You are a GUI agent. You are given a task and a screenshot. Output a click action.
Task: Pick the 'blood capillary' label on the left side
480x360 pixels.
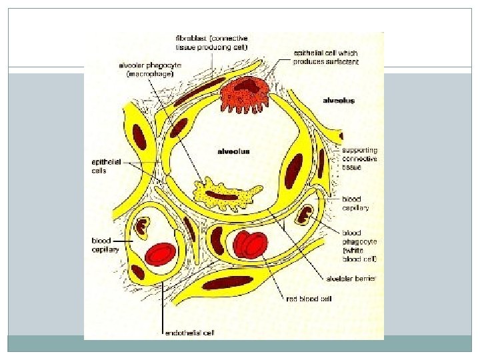[105, 245]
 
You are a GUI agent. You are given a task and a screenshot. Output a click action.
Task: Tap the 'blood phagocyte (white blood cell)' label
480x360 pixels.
[360, 246]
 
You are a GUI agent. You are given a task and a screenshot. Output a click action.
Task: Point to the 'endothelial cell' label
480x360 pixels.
[190, 332]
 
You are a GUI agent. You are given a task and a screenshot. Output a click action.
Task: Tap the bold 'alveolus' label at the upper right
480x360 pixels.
[339, 101]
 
